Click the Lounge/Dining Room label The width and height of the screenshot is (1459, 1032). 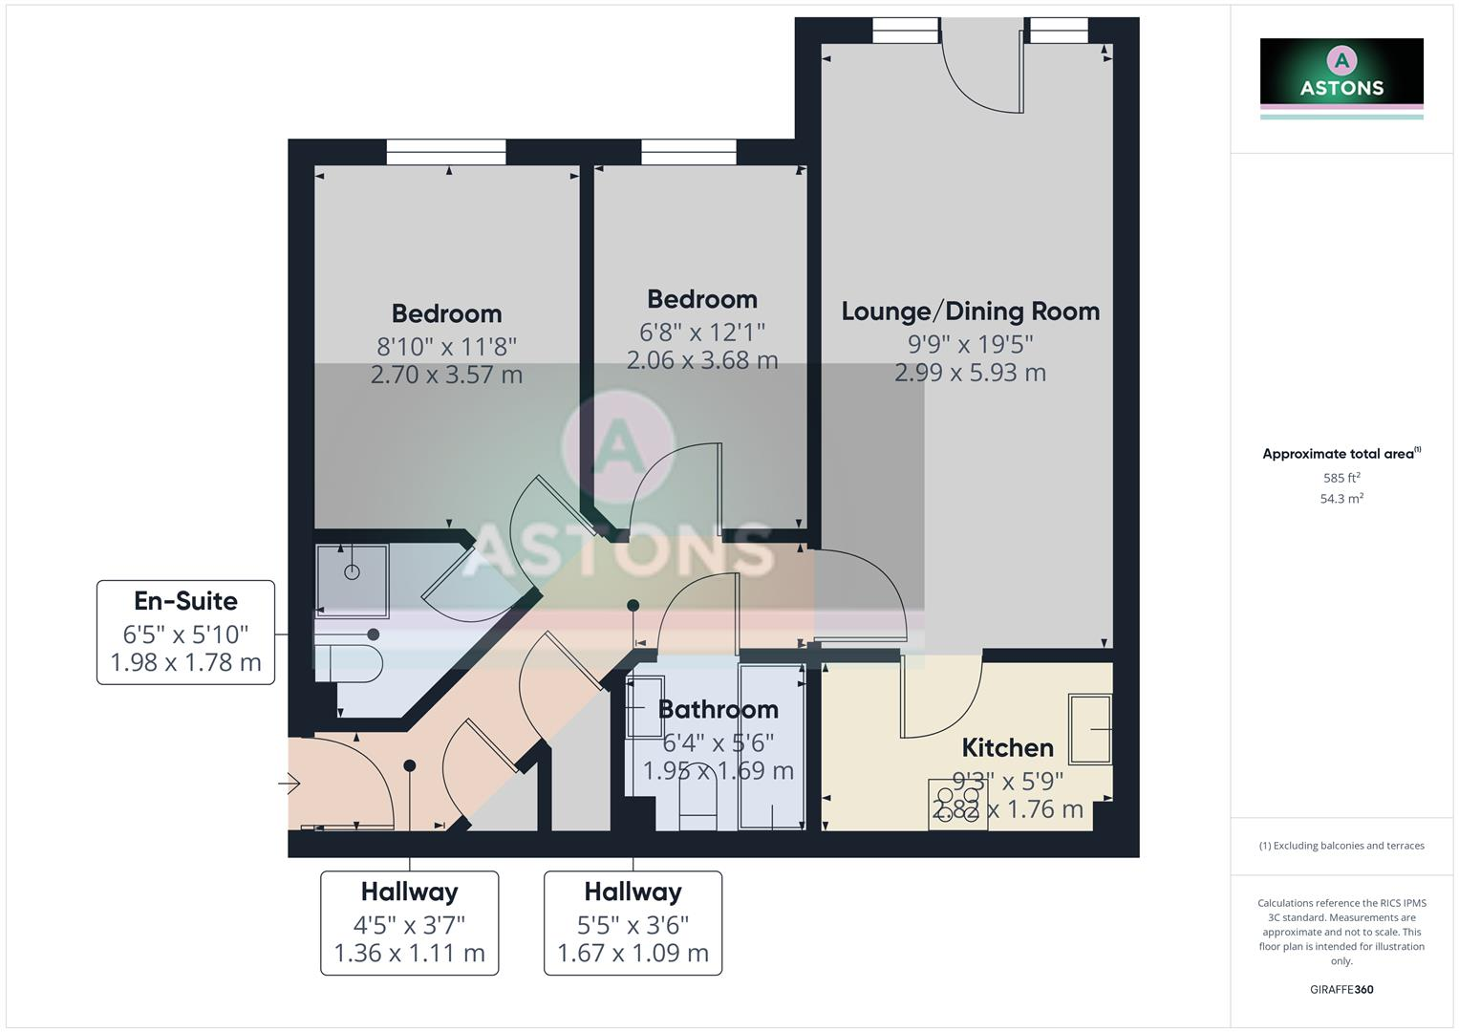tap(970, 312)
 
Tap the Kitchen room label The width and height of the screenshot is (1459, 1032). tap(1007, 747)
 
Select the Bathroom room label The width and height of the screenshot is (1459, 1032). tap(718, 709)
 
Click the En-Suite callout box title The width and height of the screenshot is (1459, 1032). tap(185, 601)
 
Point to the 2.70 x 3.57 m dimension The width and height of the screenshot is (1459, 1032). tap(446, 375)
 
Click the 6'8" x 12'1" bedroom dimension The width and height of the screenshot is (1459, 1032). tap(702, 332)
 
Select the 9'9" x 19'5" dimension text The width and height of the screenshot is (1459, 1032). tap(970, 343)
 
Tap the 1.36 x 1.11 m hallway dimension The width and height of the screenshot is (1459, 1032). tap(409, 953)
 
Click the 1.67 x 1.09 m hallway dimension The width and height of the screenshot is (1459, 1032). tap(633, 953)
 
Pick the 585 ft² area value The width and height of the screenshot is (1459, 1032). tap(1341, 478)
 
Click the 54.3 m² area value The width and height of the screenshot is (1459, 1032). tap(1341, 499)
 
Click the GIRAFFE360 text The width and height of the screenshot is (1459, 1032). tap(1341, 990)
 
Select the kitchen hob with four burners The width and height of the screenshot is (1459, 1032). tap(957, 803)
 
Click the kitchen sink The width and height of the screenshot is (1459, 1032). tap(1090, 729)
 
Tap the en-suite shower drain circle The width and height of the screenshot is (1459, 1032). tap(352, 572)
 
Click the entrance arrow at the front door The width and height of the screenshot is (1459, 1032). tap(290, 785)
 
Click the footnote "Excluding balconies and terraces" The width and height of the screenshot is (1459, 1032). tap(1341, 846)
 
